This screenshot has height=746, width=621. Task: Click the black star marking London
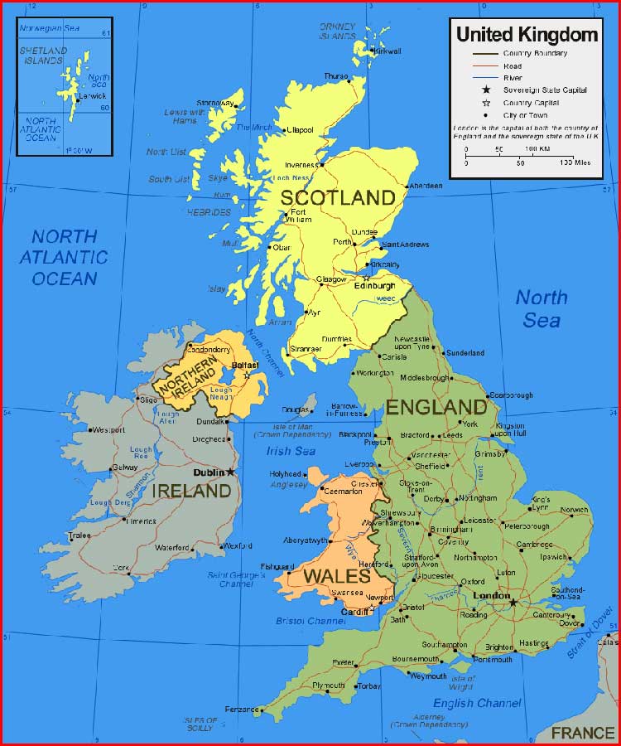(x=513, y=603)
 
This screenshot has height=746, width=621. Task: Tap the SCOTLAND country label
(x=337, y=197)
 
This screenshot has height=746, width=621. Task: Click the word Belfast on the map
(x=245, y=365)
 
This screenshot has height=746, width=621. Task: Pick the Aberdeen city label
(x=426, y=186)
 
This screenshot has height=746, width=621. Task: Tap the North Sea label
(x=542, y=308)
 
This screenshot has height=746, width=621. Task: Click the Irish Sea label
(x=291, y=451)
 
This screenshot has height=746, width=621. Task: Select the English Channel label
(x=476, y=703)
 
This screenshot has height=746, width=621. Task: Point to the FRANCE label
(x=583, y=733)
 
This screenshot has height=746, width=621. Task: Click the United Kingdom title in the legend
(x=527, y=34)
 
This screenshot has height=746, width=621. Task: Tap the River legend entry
(x=513, y=77)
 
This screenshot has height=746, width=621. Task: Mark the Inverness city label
(x=301, y=165)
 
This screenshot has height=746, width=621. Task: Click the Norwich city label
(x=574, y=510)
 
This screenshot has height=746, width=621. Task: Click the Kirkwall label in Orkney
(x=388, y=51)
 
